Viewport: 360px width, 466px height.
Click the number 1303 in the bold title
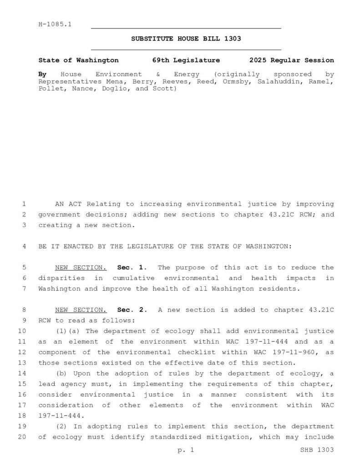click(233, 39)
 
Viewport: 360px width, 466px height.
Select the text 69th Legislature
click(186, 60)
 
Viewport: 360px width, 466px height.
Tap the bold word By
click(42, 74)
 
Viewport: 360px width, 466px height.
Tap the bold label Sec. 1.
click(132, 268)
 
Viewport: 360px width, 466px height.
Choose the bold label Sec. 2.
click(132, 310)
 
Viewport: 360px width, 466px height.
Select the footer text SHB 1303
click(317, 450)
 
